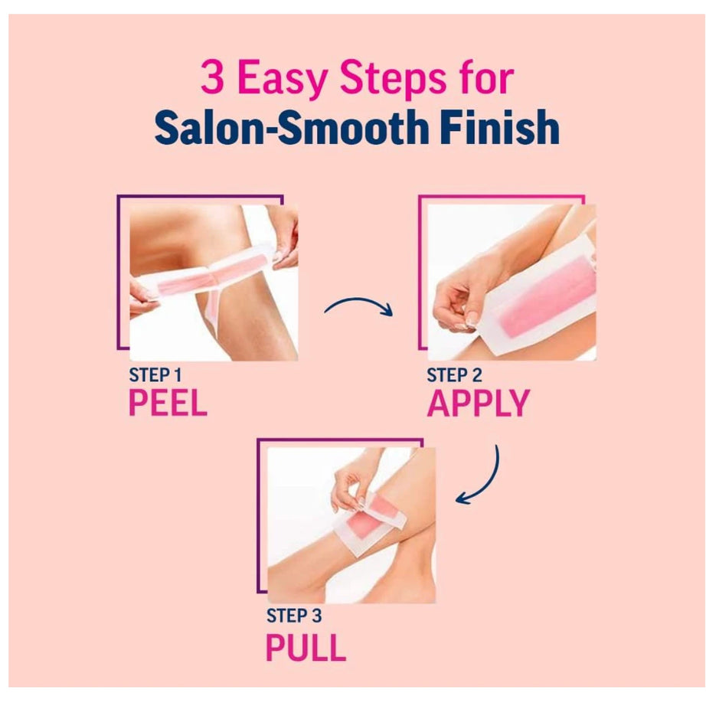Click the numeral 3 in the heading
[213, 77]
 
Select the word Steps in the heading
[387, 80]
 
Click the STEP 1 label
[155, 374]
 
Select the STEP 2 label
[454, 375]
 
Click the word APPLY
[478, 403]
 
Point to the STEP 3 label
[294, 616]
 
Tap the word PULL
[306, 647]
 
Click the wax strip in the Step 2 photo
[541, 293]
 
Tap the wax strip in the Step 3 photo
[370, 523]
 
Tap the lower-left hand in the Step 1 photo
[143, 297]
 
